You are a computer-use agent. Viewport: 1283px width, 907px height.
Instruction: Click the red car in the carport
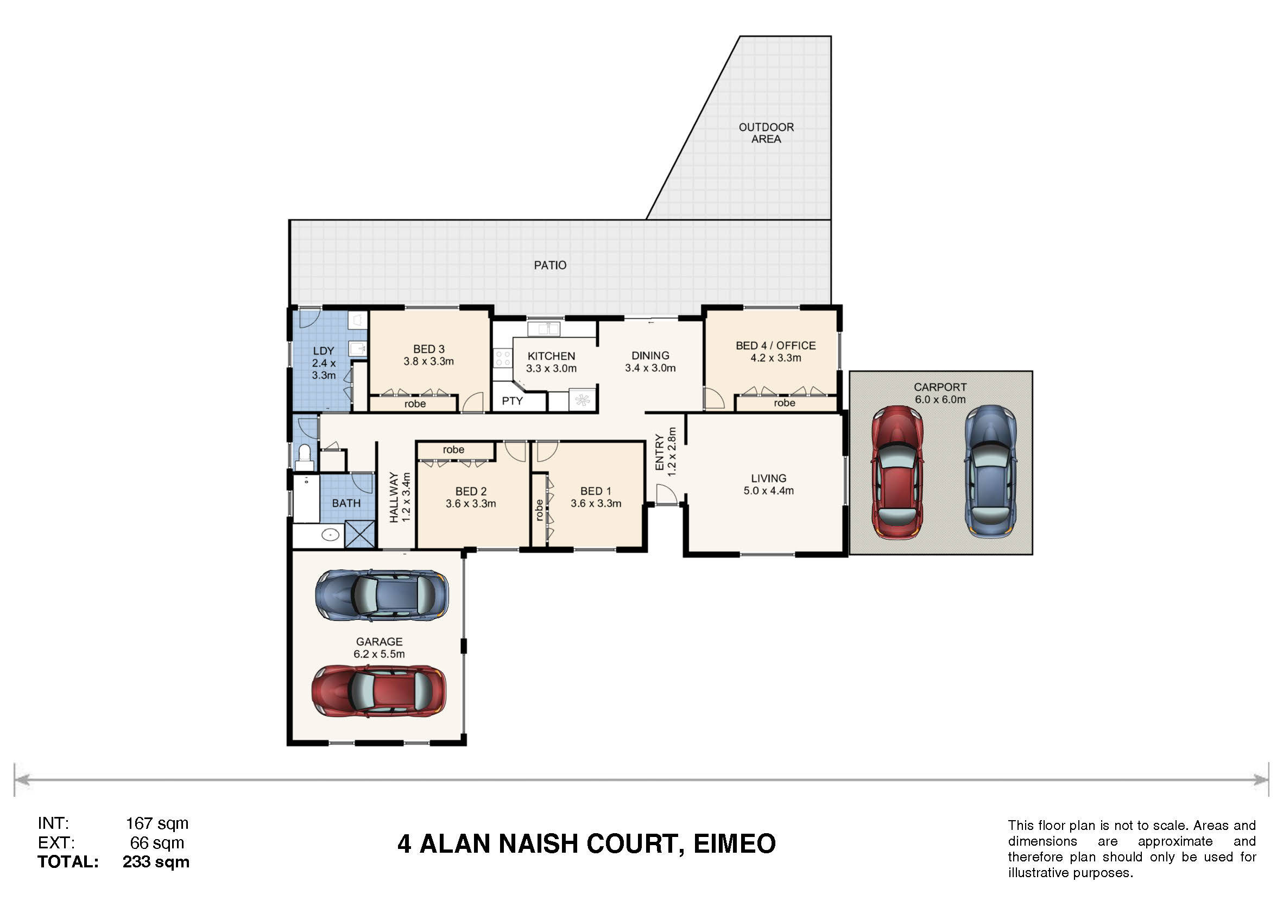point(897,472)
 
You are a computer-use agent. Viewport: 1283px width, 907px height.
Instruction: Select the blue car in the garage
point(382,595)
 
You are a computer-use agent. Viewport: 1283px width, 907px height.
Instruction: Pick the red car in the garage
point(379,691)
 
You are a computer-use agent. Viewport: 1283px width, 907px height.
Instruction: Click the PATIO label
point(550,265)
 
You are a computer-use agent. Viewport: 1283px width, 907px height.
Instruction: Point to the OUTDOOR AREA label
point(766,133)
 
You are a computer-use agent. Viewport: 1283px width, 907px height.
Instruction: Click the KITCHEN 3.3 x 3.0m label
point(551,363)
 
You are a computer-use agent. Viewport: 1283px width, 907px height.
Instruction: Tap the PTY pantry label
point(512,401)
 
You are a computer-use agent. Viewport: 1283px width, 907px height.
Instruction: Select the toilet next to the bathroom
point(305,458)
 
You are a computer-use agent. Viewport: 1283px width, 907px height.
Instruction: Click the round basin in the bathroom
point(330,535)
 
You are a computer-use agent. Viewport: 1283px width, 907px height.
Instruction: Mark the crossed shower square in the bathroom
point(359,534)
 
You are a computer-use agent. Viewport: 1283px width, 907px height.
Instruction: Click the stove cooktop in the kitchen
point(502,358)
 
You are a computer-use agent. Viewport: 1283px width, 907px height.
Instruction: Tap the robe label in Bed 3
point(415,404)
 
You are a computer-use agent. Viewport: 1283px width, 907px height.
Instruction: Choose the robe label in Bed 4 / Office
point(785,403)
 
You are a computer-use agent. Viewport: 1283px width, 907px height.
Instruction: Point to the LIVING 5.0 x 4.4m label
point(768,485)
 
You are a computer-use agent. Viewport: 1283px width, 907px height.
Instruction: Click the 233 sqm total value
point(156,862)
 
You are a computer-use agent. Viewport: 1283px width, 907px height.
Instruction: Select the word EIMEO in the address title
point(734,844)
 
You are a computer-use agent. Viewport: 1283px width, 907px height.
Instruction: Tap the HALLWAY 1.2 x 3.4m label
point(400,497)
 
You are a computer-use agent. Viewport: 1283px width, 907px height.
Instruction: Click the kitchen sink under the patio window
point(543,328)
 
